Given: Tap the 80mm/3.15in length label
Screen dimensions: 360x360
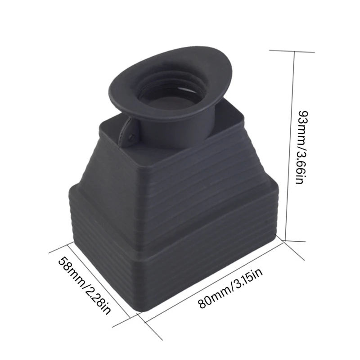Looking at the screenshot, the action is [x=230, y=288].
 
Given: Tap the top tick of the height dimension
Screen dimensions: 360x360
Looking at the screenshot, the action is [x=292, y=51].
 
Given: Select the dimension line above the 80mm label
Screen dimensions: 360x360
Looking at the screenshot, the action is [x=213, y=280].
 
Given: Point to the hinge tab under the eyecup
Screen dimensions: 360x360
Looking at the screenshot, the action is [x=128, y=133].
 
